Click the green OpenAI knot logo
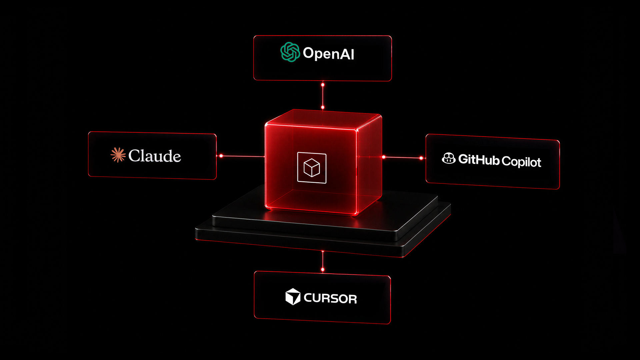tap(290, 52)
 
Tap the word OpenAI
tap(329, 53)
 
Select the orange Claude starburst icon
tap(118, 155)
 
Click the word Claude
tap(155, 156)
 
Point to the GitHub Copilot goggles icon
tap(449, 158)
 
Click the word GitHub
tap(479, 159)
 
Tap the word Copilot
tap(521, 162)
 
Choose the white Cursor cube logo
tap(293, 296)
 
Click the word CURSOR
tap(330, 298)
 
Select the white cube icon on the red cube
tap(312, 168)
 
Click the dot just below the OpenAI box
tap(323, 85)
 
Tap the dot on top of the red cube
tap(323, 107)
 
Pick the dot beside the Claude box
tap(221, 156)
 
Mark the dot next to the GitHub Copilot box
tap(421, 158)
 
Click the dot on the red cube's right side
tap(384, 157)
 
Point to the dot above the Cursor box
tap(323, 269)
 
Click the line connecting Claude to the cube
tap(243, 156)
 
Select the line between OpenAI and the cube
tap(323, 96)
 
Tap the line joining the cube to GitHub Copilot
tap(403, 157)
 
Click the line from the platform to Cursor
tap(323, 260)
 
